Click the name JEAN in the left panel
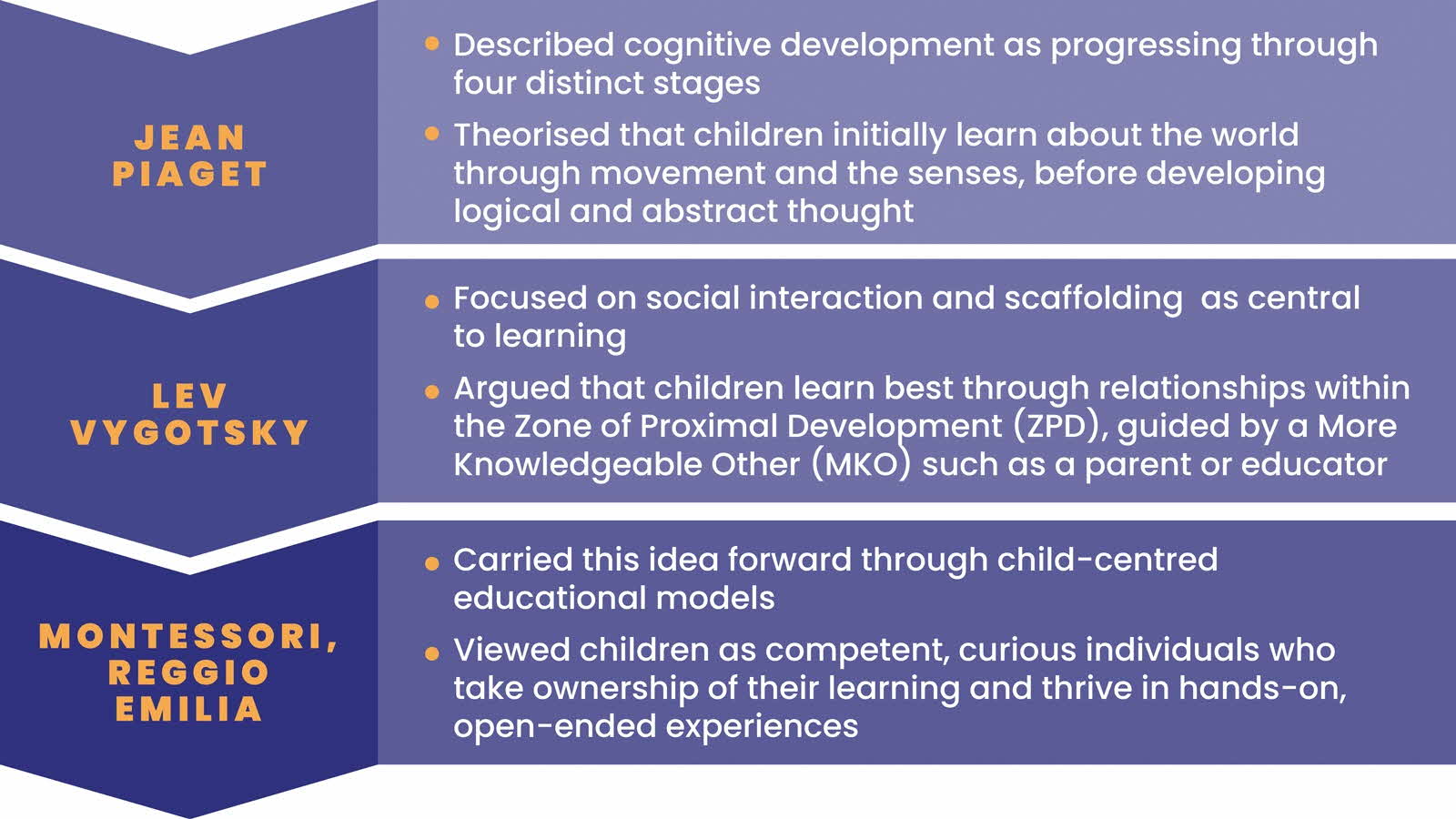coord(189,138)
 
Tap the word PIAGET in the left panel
coord(189,174)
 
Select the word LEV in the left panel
coord(189,396)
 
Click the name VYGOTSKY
coord(189,432)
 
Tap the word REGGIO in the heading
coord(189,672)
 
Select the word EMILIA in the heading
coord(189,709)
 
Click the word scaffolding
coord(1092,298)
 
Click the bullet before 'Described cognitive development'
coord(432,43)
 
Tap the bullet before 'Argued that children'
coord(432,392)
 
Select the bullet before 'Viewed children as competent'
coord(432,652)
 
